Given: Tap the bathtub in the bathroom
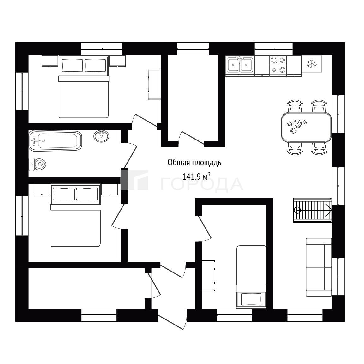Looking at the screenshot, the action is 55,141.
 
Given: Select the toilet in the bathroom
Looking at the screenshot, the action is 37,164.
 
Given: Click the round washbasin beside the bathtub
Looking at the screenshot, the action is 101,136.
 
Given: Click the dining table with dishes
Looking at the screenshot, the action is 307,127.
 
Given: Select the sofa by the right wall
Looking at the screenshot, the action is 319,267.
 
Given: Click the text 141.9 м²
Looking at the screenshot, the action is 196,177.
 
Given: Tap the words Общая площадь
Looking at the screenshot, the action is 194,163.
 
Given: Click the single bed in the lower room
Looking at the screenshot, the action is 251,277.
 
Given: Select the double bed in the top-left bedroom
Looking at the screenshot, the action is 84,87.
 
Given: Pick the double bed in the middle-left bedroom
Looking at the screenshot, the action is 76,215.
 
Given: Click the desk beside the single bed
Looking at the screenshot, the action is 208,276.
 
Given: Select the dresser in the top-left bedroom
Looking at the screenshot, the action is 154,84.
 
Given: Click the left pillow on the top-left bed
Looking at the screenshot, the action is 72,66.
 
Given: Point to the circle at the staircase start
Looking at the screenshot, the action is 297,210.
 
